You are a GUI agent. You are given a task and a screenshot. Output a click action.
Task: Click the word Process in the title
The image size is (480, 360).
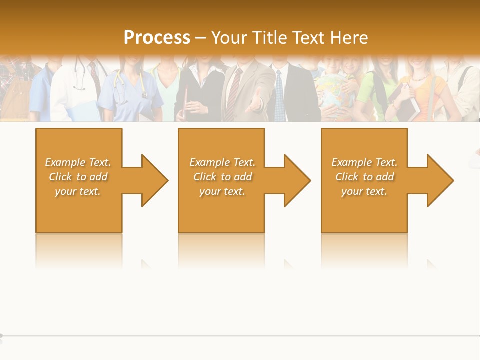click(157, 38)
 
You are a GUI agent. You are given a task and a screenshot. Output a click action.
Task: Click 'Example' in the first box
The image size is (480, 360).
click(65, 162)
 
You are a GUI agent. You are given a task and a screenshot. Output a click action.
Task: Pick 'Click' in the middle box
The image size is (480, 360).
click(204, 177)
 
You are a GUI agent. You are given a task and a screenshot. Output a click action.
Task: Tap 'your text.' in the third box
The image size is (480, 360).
click(364, 191)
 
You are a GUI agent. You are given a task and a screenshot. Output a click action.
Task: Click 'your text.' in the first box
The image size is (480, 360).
click(78, 191)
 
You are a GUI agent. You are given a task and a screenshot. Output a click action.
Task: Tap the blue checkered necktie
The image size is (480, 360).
click(279, 95)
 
